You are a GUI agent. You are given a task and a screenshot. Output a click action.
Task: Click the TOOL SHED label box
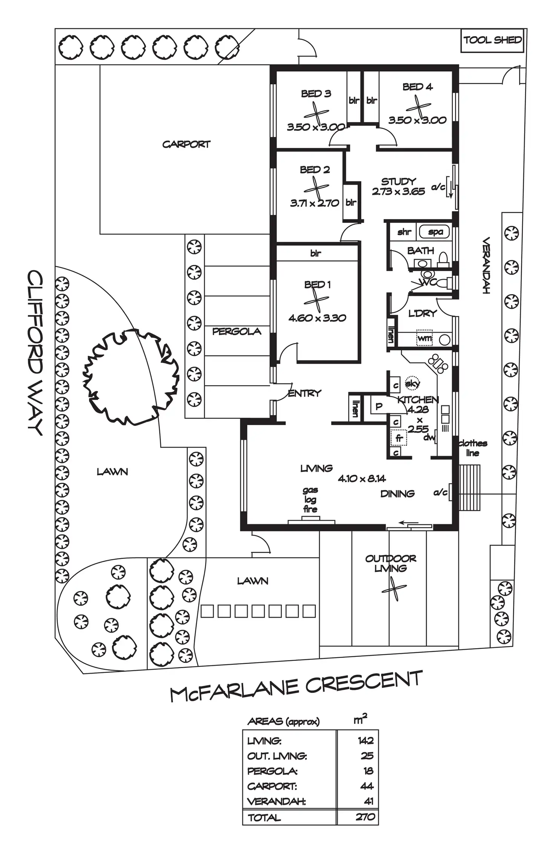[492, 40]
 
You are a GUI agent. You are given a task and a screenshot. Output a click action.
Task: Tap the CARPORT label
[186, 144]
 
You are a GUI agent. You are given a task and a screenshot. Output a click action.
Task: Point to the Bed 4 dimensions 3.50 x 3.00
[417, 120]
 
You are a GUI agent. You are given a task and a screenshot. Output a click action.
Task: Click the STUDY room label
[399, 181]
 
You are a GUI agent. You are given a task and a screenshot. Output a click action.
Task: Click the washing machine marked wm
[425, 338]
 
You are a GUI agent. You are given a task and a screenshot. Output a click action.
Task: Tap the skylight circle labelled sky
[412, 383]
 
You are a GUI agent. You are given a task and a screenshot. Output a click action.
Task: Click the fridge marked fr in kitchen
[399, 438]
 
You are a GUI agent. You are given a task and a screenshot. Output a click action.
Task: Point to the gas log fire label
[310, 499]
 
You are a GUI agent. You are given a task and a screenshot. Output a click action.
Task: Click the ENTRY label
[304, 393]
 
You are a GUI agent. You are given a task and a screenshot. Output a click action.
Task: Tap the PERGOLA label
[237, 331]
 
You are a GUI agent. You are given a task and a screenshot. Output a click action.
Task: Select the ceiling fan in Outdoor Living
[394, 589]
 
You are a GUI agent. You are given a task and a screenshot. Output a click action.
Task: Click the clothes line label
[473, 448]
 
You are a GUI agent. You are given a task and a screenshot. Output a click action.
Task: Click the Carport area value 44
[366, 786]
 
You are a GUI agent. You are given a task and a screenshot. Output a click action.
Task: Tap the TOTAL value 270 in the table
[365, 817]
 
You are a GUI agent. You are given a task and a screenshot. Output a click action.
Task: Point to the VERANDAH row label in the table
[276, 802]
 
